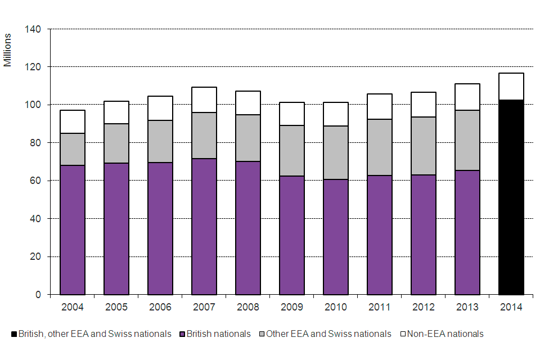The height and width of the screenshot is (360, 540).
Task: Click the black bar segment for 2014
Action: (x=511, y=197)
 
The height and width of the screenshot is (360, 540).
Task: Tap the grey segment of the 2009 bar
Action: (x=292, y=151)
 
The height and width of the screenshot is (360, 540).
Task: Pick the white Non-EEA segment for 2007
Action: (x=204, y=100)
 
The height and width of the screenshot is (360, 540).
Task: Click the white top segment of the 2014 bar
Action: (x=511, y=87)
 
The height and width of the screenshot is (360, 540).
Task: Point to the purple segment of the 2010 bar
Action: (x=336, y=237)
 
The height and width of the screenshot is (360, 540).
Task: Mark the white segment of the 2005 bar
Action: (x=116, y=112)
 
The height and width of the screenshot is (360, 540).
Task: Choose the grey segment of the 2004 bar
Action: (x=73, y=149)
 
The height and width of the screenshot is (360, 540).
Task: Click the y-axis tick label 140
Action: (x=33, y=29)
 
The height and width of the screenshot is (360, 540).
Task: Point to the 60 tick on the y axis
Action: (x=35, y=181)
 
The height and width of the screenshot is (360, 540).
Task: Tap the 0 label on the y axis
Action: (x=38, y=295)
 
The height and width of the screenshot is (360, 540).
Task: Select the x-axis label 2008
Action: (x=248, y=307)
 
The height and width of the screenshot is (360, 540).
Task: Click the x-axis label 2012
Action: (x=424, y=307)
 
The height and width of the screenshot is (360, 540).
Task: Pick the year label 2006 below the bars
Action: (x=160, y=307)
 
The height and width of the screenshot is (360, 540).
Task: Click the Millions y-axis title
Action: (x=8, y=50)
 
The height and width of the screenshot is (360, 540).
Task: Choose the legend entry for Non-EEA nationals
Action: (x=442, y=334)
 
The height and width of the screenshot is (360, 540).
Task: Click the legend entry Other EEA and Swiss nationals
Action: (x=328, y=334)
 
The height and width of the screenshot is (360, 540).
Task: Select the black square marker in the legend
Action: (x=14, y=334)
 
